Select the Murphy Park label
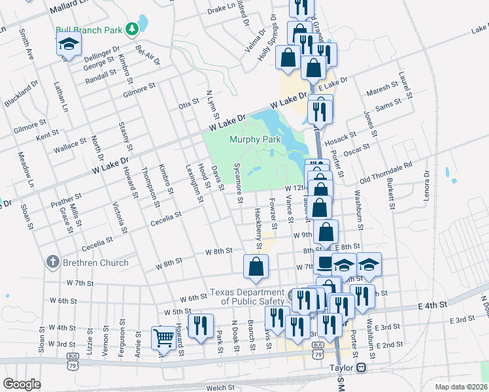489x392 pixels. pyautogui.click(x=255, y=139)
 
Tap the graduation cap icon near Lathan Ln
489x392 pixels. pyautogui.click(x=67, y=45)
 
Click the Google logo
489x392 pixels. pyautogui.click(x=22, y=384)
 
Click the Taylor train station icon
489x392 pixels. pyautogui.click(x=361, y=368)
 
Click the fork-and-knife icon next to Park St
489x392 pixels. pyautogui.click(x=201, y=325)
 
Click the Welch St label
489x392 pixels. pyautogui.click(x=221, y=387)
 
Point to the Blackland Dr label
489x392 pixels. pyautogui.click(x=20, y=94)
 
